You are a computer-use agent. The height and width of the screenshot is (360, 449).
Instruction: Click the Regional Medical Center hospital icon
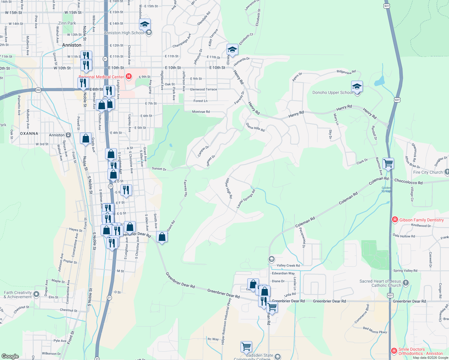click(x=129, y=76)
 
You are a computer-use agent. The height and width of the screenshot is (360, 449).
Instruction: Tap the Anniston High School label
click(x=124, y=33)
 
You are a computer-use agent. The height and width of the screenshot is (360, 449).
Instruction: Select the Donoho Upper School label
click(x=333, y=92)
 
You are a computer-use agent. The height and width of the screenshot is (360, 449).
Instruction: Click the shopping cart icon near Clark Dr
click(x=388, y=163)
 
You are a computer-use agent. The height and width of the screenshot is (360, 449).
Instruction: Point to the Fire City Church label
click(x=428, y=172)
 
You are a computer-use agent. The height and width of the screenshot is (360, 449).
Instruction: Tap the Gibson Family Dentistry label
click(x=421, y=220)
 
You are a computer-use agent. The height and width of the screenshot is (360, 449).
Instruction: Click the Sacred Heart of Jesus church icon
click(x=406, y=283)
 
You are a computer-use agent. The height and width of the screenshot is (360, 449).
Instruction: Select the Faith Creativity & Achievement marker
click(x=36, y=294)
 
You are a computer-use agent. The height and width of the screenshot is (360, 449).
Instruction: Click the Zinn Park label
click(x=67, y=23)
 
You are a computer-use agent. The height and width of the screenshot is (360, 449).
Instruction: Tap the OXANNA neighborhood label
click(x=29, y=133)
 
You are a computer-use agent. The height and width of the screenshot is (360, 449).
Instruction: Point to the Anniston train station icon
click(x=68, y=135)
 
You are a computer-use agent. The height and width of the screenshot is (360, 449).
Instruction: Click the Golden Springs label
click(x=386, y=189)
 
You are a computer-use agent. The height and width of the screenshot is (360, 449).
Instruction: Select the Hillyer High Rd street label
click(x=229, y=188)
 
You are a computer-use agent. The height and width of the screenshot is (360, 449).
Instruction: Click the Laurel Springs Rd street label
click(x=246, y=199)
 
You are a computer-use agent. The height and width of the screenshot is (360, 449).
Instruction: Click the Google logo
click(x=10, y=356)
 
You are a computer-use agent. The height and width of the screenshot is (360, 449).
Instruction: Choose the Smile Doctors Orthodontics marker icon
click(x=394, y=351)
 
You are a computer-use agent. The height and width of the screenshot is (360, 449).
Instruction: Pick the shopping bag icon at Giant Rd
click(x=162, y=237)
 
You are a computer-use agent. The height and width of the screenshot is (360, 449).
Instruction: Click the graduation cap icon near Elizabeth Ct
click(x=232, y=49)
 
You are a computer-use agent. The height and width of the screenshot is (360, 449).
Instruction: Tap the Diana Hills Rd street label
click(x=255, y=127)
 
